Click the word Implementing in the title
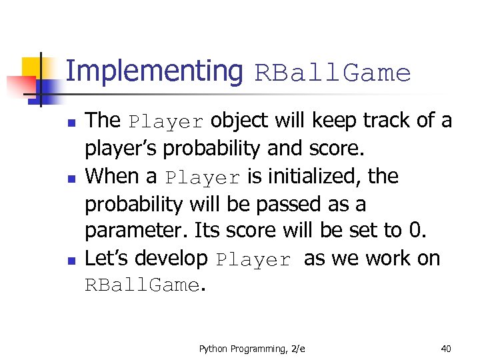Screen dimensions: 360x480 click(x=155, y=71)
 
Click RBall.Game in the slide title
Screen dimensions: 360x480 click(x=333, y=73)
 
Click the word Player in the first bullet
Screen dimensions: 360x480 click(x=166, y=122)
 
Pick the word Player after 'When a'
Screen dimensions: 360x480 click(x=203, y=178)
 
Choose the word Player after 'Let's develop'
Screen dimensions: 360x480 click(x=254, y=260)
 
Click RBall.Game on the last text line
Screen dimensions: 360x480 click(x=141, y=286)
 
